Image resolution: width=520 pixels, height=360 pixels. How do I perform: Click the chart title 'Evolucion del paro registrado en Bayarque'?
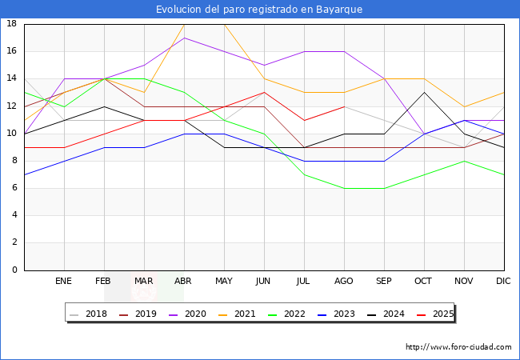260,10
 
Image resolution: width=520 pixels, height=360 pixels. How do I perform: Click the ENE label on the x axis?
64,282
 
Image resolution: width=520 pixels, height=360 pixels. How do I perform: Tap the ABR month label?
184,282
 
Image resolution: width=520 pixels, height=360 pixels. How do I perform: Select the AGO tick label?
344,282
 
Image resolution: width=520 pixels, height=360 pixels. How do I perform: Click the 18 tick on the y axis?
12,24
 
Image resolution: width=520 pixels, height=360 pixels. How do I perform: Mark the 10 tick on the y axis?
12,134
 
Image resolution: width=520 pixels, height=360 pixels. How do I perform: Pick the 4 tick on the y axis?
14,215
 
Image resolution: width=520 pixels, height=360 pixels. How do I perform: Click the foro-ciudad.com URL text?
458,347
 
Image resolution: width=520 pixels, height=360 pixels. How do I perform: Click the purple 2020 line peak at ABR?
184,38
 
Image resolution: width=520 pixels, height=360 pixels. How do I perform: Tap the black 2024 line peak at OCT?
424,92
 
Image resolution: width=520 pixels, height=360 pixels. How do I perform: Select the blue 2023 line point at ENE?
64,161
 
